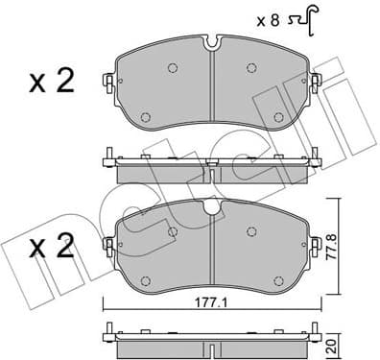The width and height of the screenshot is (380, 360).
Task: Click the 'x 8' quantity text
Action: click(x=270, y=17)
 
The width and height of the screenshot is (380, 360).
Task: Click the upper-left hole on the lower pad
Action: click(x=172, y=231)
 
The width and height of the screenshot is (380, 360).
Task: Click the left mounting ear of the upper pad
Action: click(x=112, y=81)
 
